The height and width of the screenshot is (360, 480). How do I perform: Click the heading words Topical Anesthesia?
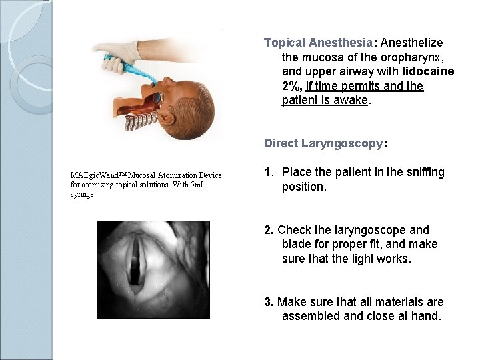click(x=307, y=43)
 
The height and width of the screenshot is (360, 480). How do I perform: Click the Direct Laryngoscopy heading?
click(x=325, y=143)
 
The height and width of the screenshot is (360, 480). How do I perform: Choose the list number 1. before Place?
click(x=269, y=173)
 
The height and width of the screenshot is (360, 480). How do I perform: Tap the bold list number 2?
click(x=269, y=230)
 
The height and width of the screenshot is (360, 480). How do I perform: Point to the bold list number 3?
click(x=269, y=302)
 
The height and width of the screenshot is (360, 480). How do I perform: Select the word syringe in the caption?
click(x=83, y=195)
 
